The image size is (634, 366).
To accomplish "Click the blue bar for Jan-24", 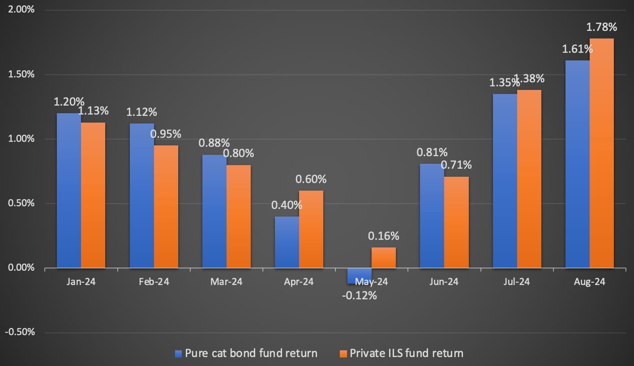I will [x=69, y=191].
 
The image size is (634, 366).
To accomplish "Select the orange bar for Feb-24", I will [x=166, y=207].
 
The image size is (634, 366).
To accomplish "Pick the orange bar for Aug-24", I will [x=601, y=153].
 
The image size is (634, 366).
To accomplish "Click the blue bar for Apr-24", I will [x=287, y=242].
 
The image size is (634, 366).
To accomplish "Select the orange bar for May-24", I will [x=383, y=258].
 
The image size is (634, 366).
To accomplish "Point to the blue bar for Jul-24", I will [x=505, y=181].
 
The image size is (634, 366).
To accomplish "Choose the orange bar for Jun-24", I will [x=456, y=222].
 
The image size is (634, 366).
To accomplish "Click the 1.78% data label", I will [x=601, y=27].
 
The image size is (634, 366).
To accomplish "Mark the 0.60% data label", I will [x=311, y=179].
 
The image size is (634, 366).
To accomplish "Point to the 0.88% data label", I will [x=214, y=143].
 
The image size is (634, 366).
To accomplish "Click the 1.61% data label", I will [x=578, y=49].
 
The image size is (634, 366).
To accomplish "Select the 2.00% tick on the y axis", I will [x=21, y=10].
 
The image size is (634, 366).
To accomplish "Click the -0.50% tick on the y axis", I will [x=20, y=332].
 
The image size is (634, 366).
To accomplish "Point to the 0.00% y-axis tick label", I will [x=21, y=268].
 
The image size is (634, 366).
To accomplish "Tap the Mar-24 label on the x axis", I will [x=226, y=282].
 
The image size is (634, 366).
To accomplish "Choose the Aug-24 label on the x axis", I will [x=589, y=282].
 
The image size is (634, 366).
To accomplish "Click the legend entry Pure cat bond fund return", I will [x=246, y=353].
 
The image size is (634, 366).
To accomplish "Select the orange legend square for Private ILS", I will [x=343, y=353].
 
